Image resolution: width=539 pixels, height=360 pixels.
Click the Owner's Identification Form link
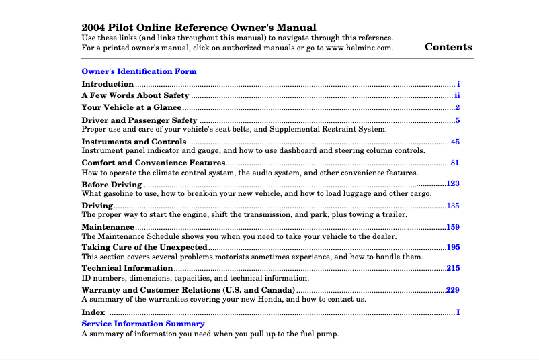pyautogui.click(x=138, y=71)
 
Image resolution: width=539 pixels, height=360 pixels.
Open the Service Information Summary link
pyautogui.click(x=142, y=324)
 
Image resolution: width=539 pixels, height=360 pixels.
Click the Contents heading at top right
pyautogui.click(x=448, y=47)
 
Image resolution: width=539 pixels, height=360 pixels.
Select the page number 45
pyautogui.click(x=455, y=142)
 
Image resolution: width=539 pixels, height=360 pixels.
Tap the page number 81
pyautogui.click(x=455, y=163)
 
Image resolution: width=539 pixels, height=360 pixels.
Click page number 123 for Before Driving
pyautogui.click(x=453, y=183)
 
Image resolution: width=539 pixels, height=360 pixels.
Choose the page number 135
pyautogui.click(x=453, y=205)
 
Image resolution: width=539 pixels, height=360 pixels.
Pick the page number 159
pyautogui.click(x=453, y=227)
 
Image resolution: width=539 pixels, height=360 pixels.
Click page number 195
pyautogui.click(x=453, y=247)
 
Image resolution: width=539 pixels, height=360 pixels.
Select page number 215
pyautogui.click(x=453, y=268)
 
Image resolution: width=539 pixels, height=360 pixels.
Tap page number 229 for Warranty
pyautogui.click(x=453, y=289)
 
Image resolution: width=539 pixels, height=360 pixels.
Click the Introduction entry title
pyautogui.click(x=108, y=84)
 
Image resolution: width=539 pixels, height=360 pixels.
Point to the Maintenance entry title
pyautogui.click(x=108, y=227)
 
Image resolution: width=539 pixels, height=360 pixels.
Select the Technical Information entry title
pyautogui.click(x=127, y=268)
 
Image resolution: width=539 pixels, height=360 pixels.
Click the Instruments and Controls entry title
pyautogui.click(x=134, y=142)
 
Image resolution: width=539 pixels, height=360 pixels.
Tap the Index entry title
pyautogui.click(x=93, y=312)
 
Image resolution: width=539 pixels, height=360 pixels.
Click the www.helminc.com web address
pyautogui.click(x=360, y=48)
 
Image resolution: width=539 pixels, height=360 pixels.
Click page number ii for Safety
pyautogui.click(x=457, y=95)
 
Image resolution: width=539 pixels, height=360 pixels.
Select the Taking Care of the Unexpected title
pyautogui.click(x=144, y=247)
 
